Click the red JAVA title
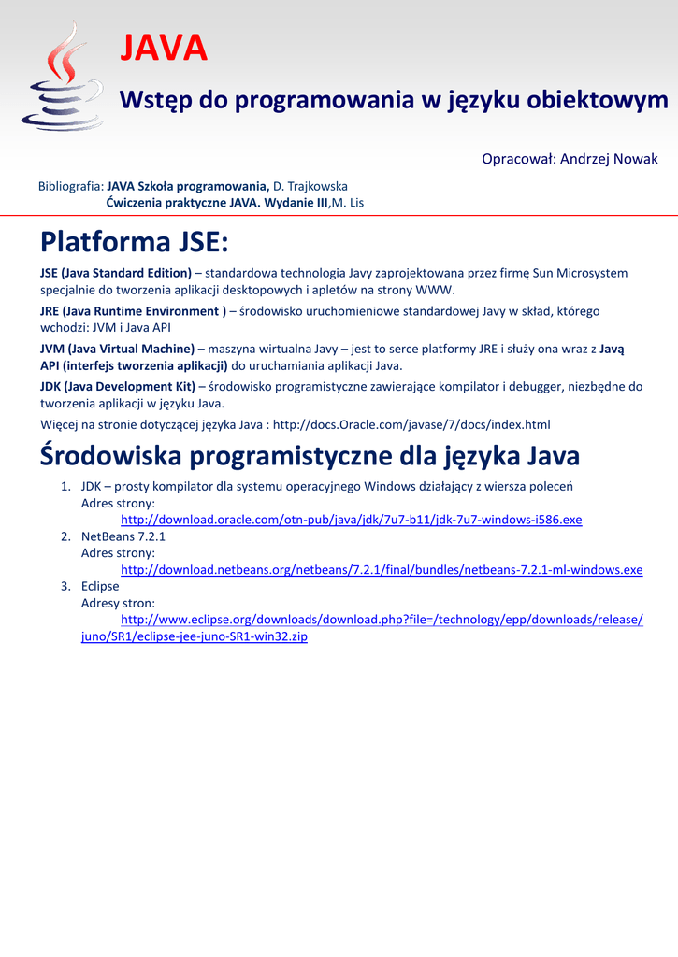(x=164, y=49)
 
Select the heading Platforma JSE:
(x=134, y=243)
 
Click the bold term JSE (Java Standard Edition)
(x=116, y=273)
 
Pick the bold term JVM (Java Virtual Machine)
(x=118, y=349)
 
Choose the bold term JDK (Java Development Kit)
(x=118, y=386)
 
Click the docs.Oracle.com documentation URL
(x=411, y=424)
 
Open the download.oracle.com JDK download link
(x=351, y=520)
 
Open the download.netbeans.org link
(x=382, y=570)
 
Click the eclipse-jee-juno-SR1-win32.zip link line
(x=195, y=636)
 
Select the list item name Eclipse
(x=100, y=586)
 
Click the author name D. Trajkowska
(x=310, y=186)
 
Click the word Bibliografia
(x=70, y=186)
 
